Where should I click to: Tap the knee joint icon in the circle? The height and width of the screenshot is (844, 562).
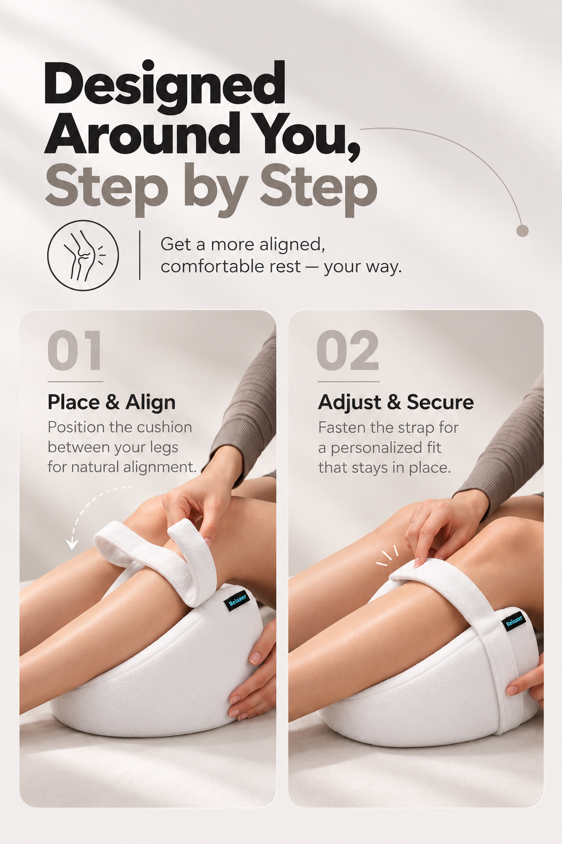pos(83,255)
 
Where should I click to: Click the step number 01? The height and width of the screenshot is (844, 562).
pos(75,351)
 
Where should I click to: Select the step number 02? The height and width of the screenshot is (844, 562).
pos(347,351)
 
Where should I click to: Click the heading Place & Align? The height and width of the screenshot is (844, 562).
pos(111,402)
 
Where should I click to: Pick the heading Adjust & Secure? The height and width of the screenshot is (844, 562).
pos(396,402)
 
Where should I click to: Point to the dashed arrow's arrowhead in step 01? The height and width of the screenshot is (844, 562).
pos(71,543)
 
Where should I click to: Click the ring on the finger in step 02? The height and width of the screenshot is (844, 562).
pos(412,521)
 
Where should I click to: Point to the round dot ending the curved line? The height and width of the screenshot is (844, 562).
pos(522,231)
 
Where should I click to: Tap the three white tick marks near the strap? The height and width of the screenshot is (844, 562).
pos(387,556)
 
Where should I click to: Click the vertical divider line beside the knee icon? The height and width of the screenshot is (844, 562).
pos(139,255)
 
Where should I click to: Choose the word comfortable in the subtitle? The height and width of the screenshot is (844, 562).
pos(231,266)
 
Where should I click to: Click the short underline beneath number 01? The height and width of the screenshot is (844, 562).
pos(75,382)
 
